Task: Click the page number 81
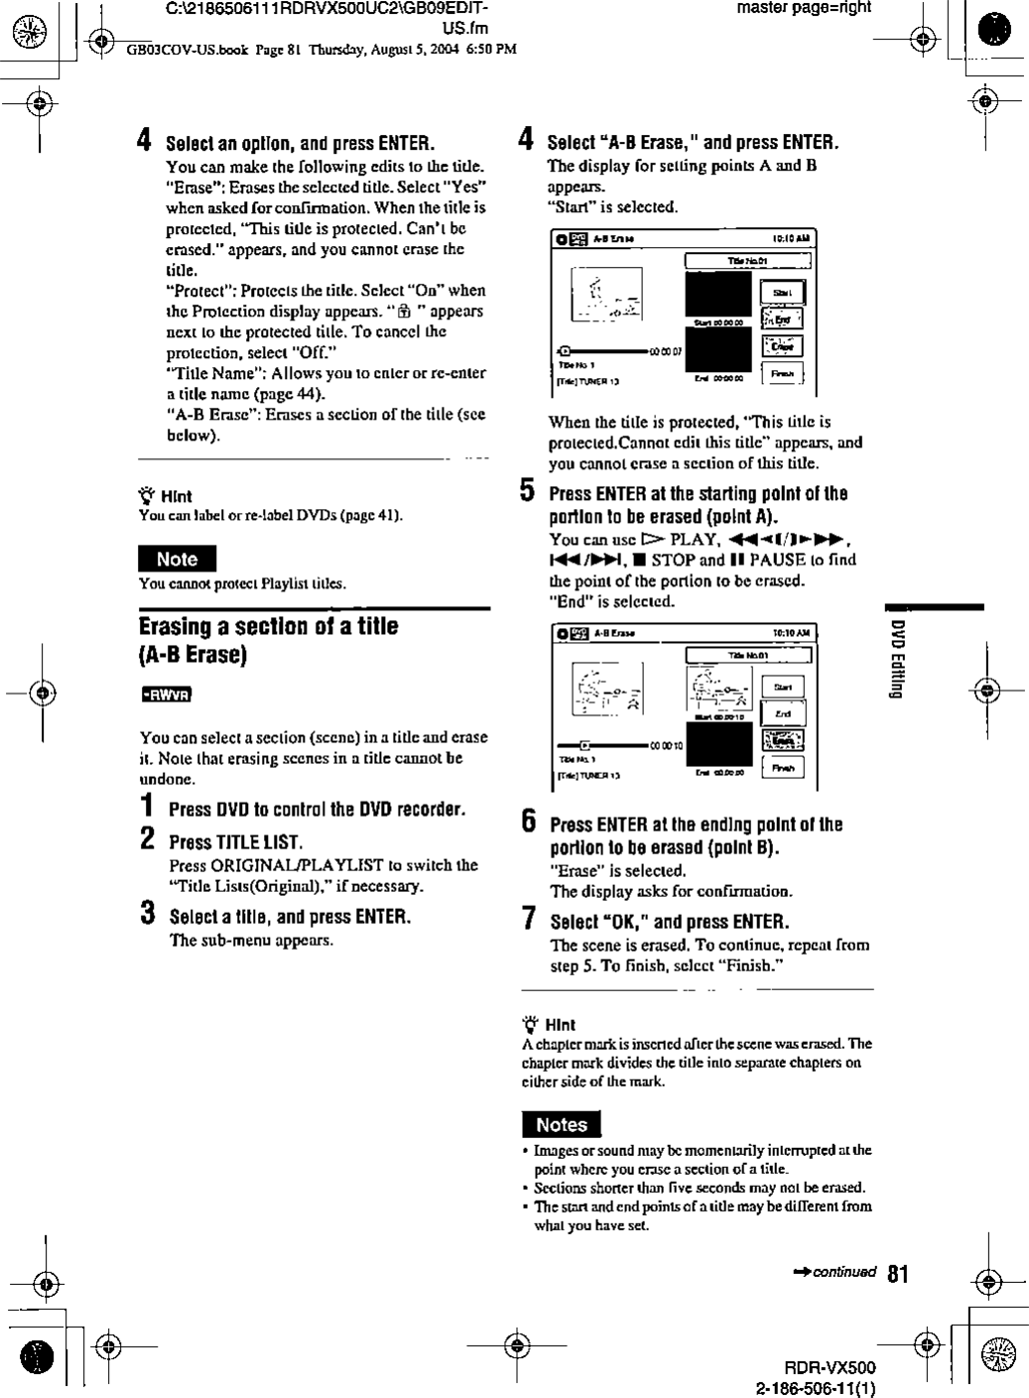click(898, 1273)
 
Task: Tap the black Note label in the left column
click(177, 559)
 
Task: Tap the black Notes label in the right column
click(562, 1124)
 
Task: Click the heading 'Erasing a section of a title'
click(268, 627)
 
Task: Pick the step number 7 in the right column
click(530, 920)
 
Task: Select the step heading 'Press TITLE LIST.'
click(235, 842)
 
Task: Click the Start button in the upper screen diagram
click(783, 293)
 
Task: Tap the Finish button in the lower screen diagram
click(783, 767)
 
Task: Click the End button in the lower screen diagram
click(783, 713)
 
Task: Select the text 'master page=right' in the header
click(804, 8)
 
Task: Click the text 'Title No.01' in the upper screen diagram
click(748, 261)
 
